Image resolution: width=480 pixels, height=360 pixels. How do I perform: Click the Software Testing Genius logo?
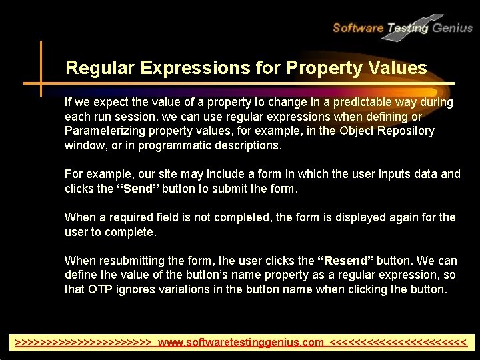(402, 27)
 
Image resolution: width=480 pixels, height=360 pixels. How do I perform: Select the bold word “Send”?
(138, 189)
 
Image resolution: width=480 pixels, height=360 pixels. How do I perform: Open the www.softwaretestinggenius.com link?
(241, 343)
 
